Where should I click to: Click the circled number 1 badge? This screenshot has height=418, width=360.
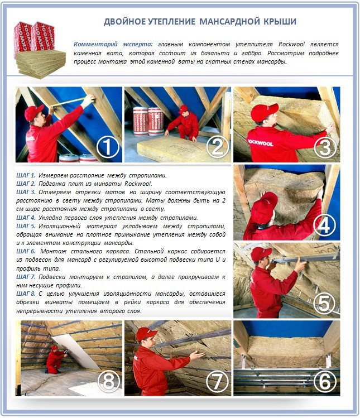coord(108,147)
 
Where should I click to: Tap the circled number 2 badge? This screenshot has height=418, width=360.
coord(217,147)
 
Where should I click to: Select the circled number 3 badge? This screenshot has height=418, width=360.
coord(325,147)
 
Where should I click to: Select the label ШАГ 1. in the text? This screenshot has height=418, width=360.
coord(26,175)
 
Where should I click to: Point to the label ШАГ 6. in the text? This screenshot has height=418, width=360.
coord(26,251)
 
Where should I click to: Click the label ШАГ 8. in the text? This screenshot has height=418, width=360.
coord(26,294)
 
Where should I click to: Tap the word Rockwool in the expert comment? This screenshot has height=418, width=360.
coord(291,44)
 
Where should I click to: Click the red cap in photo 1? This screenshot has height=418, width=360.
coord(34,112)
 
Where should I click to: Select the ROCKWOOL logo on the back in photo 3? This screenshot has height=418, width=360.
coord(260,143)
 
